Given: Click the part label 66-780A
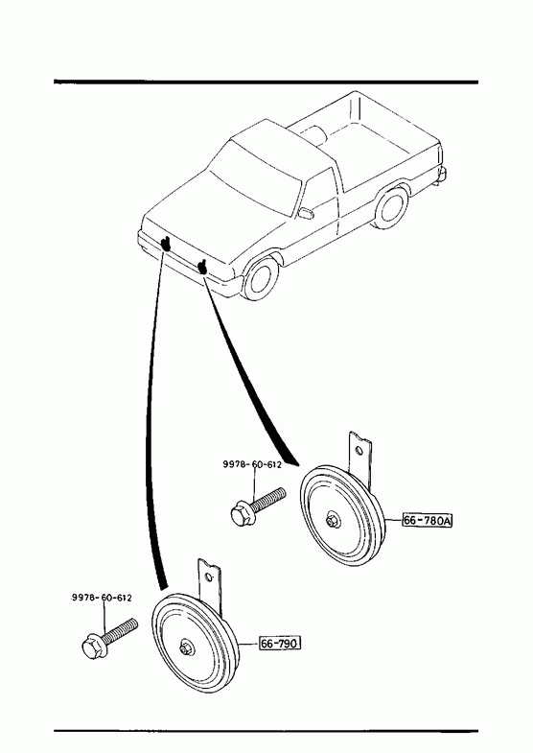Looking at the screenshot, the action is coord(428,521).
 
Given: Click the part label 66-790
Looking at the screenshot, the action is coord(280,643).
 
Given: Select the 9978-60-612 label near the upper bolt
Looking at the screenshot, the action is coord(252,464).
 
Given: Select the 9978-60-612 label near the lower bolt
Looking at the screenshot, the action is coord(102,598).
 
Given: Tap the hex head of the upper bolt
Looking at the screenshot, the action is coord(240,514).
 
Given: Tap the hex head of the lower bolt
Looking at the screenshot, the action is coord(93,647).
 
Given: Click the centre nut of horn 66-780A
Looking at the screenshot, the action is coord(331,520).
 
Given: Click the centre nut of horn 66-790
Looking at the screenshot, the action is coord(185,647).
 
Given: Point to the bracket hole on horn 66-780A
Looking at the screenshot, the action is coord(359,451).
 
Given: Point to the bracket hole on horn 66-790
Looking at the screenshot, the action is coord(209,577).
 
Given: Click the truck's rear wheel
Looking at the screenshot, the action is coord(391,208).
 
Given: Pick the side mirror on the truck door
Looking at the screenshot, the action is coord(306,213).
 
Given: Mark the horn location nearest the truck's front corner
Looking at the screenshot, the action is coord(166,244).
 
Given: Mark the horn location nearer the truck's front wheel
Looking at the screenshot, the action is coord(202,267).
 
